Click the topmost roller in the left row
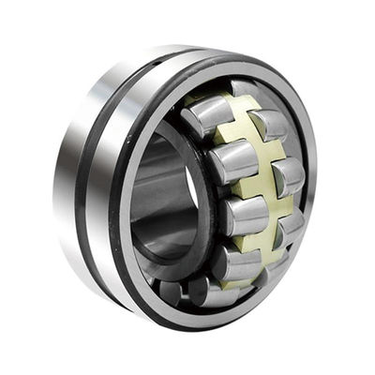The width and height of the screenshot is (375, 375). pos(207,115)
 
